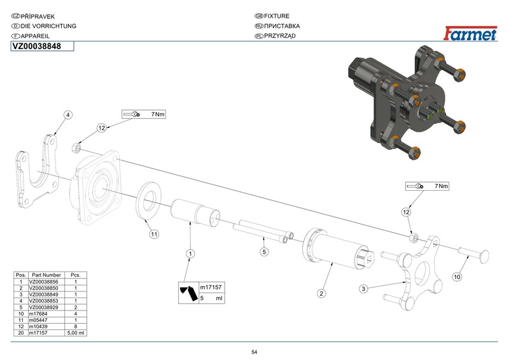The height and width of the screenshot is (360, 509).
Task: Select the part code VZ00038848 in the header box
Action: tap(36, 46)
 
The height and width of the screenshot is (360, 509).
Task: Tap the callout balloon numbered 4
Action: tap(68, 114)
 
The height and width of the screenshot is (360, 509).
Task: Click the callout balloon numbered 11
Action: tap(153, 235)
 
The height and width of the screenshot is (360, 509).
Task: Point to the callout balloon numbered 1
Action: tap(189, 254)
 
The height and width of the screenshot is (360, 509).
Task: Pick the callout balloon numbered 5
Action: tap(263, 251)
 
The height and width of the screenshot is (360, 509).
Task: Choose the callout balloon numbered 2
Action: tap(322, 293)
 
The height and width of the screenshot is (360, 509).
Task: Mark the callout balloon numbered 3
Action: tap(363, 288)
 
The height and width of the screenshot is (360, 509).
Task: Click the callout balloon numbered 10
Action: tap(457, 277)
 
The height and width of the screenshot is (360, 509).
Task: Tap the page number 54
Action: tap(254, 352)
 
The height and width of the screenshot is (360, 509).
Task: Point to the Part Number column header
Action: tap(47, 275)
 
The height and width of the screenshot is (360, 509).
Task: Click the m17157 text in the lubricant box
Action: tap(209, 287)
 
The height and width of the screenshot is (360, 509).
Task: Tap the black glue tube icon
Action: tap(188, 293)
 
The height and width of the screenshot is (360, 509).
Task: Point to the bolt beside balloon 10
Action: tap(475, 256)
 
